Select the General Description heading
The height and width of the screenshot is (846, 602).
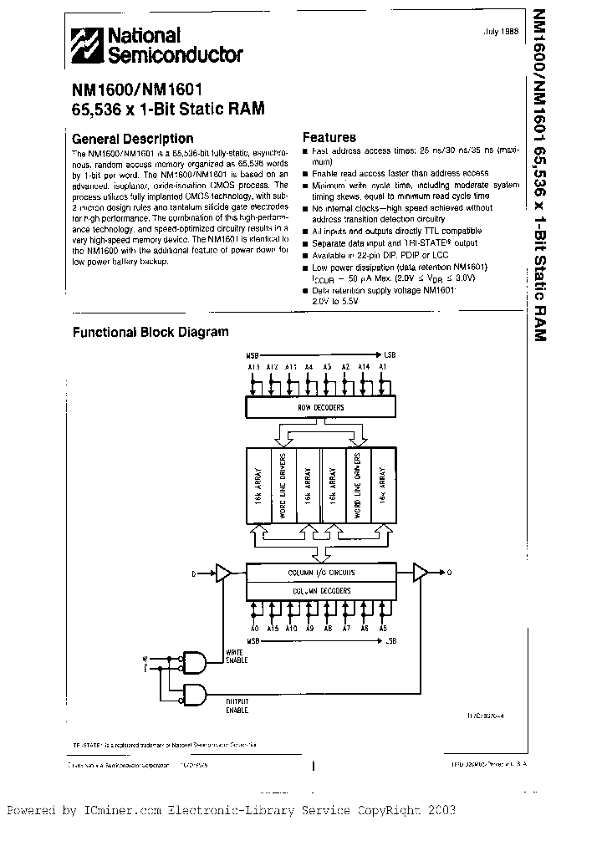pos(133,139)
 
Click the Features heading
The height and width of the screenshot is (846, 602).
pos(329,137)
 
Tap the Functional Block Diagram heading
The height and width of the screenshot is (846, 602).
pos(150,332)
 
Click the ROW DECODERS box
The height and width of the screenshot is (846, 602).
pos(321,407)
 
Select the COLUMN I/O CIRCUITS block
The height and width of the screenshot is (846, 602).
pos(322,573)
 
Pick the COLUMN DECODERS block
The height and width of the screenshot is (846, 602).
pos(322,590)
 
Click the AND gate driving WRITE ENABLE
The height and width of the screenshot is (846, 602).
pos(194,663)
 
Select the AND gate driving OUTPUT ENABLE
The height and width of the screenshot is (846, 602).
pos(194,694)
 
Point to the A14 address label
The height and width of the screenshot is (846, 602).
pos(365,365)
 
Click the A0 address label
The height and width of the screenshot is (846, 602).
pos(255,628)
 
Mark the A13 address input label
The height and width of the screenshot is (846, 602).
pos(254,365)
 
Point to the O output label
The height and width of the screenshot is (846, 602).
pos(449,573)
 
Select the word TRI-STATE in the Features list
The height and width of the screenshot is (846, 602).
pos(426,242)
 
